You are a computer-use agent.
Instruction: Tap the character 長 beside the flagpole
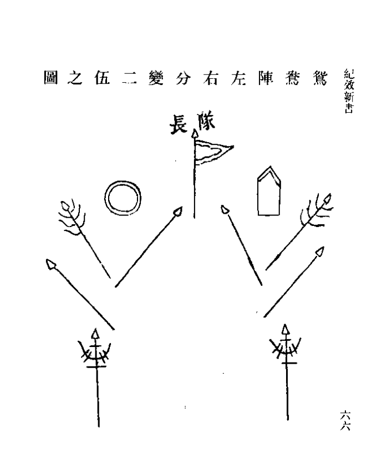(179, 124)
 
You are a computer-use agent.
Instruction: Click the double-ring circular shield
(123, 198)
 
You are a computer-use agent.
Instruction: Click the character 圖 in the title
(50, 78)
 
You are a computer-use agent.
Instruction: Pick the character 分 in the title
(183, 78)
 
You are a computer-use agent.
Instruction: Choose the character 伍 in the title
(103, 78)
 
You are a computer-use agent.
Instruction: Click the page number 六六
(345, 420)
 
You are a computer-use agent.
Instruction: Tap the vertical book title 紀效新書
(349, 91)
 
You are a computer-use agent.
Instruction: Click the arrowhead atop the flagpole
(195, 134)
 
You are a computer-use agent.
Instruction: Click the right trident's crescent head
(286, 345)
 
